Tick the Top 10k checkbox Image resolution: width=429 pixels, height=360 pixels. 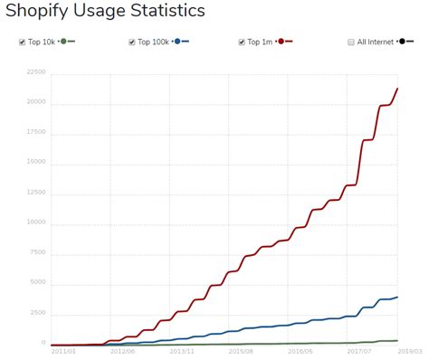pos(23,43)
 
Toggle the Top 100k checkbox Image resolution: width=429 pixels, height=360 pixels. pos(132,43)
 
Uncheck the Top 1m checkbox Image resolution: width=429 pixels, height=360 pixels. pos(243,43)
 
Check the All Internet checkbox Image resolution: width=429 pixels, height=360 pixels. pos(350,43)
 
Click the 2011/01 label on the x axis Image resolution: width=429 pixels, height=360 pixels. pos(63,351)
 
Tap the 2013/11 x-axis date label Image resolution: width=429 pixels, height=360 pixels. pos(183,351)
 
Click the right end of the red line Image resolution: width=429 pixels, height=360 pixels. pos(398,89)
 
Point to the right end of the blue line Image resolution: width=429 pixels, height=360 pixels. pos(398,297)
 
